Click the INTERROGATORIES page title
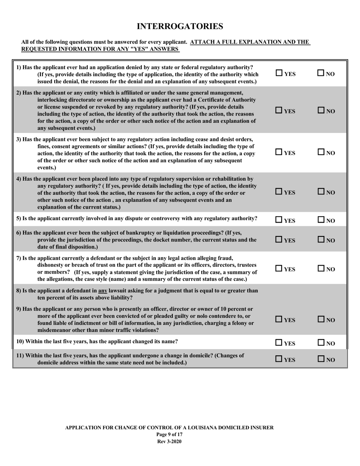pyautogui.click(x=180, y=26)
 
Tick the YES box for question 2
pyautogui.click(x=279, y=111)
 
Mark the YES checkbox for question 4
pyautogui.click(x=279, y=192)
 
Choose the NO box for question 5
pyautogui.click(x=320, y=219)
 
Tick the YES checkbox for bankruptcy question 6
pyautogui.click(x=279, y=239)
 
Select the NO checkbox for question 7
pyautogui.click(x=320, y=269)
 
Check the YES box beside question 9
pyautogui.click(x=279, y=319)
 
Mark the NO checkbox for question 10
pyautogui.click(x=320, y=343)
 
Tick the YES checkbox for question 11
pyautogui.click(x=279, y=359)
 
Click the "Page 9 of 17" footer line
pyautogui.click(x=169, y=435)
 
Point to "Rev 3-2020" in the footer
pyautogui.click(x=169, y=441)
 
